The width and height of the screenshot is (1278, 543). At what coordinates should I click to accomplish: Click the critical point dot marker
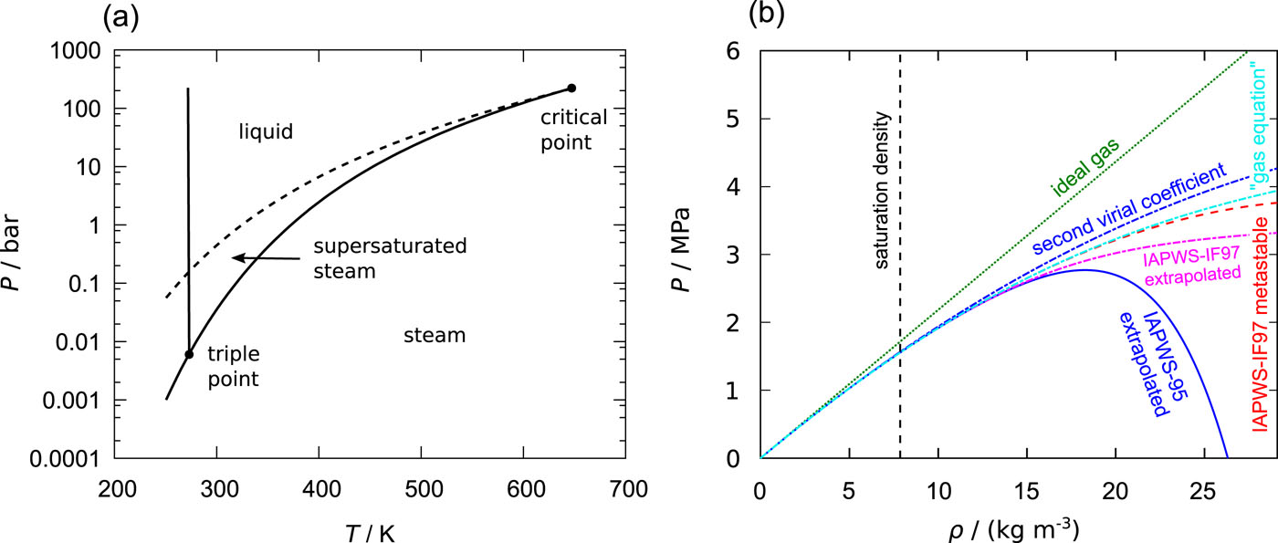coord(571,88)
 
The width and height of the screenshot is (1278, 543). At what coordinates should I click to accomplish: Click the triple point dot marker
coord(189,354)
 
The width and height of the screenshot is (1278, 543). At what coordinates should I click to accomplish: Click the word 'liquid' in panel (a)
coord(266,132)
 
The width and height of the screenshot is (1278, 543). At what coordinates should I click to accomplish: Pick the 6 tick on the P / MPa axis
coord(736,52)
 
